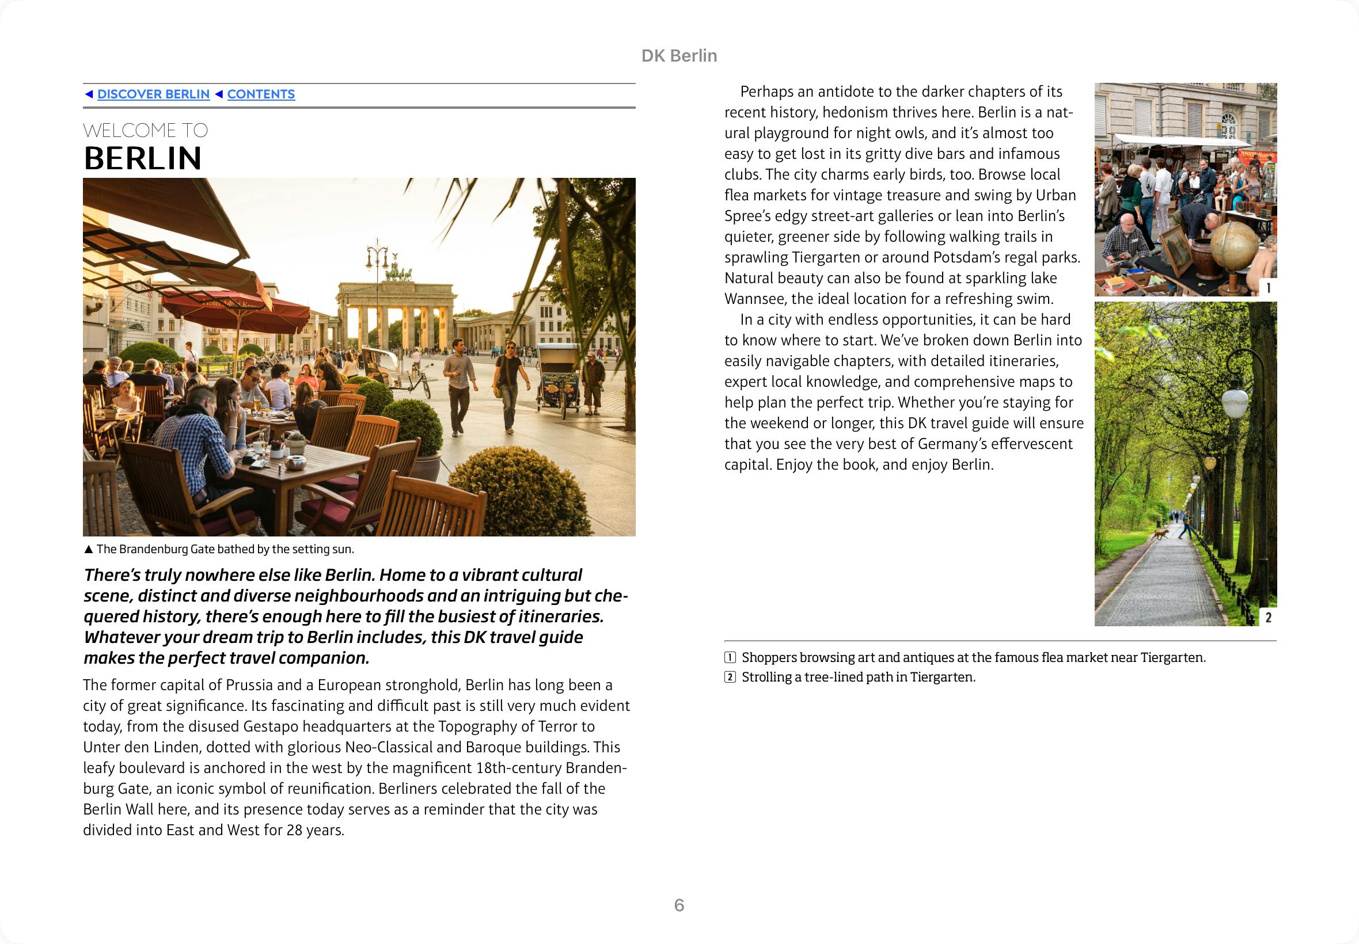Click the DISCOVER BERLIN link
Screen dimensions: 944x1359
(x=153, y=94)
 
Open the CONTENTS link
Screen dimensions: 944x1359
(x=260, y=94)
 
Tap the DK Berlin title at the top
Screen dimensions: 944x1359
(x=678, y=56)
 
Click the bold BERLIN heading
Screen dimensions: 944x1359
(x=143, y=158)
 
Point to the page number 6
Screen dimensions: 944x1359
(x=678, y=905)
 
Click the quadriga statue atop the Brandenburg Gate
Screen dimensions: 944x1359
(x=398, y=273)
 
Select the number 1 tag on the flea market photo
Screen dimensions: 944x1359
(x=1268, y=288)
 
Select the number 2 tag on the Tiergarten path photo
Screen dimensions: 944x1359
(x=1268, y=618)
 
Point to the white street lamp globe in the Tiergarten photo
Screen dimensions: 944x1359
(x=1235, y=402)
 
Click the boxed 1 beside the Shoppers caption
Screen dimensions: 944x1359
(x=730, y=658)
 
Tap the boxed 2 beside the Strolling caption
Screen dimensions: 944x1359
(x=730, y=677)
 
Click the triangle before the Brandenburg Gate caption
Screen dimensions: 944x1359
(x=89, y=550)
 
